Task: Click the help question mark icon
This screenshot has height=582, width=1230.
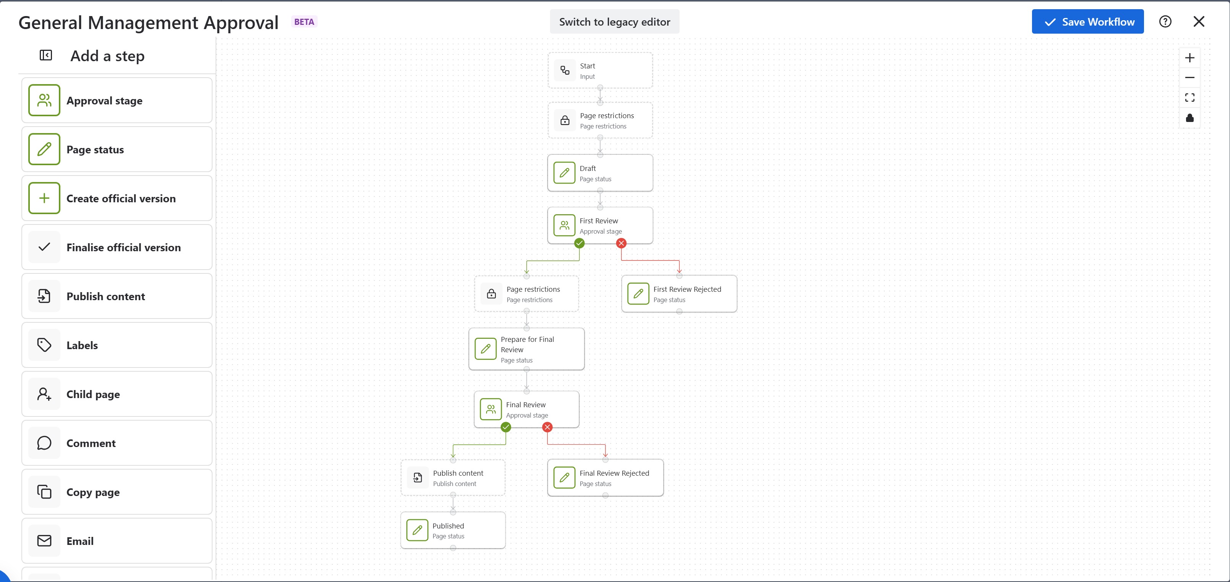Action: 1165,21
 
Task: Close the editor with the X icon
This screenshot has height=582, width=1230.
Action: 1199,21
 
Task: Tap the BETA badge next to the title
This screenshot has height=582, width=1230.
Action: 304,22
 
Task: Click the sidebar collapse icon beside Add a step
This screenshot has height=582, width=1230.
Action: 46,55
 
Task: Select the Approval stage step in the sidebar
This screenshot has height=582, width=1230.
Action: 117,100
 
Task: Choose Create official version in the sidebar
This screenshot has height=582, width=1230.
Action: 117,198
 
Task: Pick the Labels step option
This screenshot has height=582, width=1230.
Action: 117,345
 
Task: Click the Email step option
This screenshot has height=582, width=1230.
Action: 117,541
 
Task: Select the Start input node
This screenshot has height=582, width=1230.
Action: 600,71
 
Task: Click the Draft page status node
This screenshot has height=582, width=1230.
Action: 600,173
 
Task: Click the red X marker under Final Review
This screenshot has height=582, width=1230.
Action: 547,427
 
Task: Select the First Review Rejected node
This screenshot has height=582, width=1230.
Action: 679,294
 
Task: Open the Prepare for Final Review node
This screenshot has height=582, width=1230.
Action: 526,349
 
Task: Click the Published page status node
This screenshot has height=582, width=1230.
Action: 453,530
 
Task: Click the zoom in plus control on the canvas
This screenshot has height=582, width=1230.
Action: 1189,58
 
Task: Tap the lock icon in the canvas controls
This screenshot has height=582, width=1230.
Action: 1189,117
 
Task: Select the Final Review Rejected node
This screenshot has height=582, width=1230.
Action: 605,478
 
